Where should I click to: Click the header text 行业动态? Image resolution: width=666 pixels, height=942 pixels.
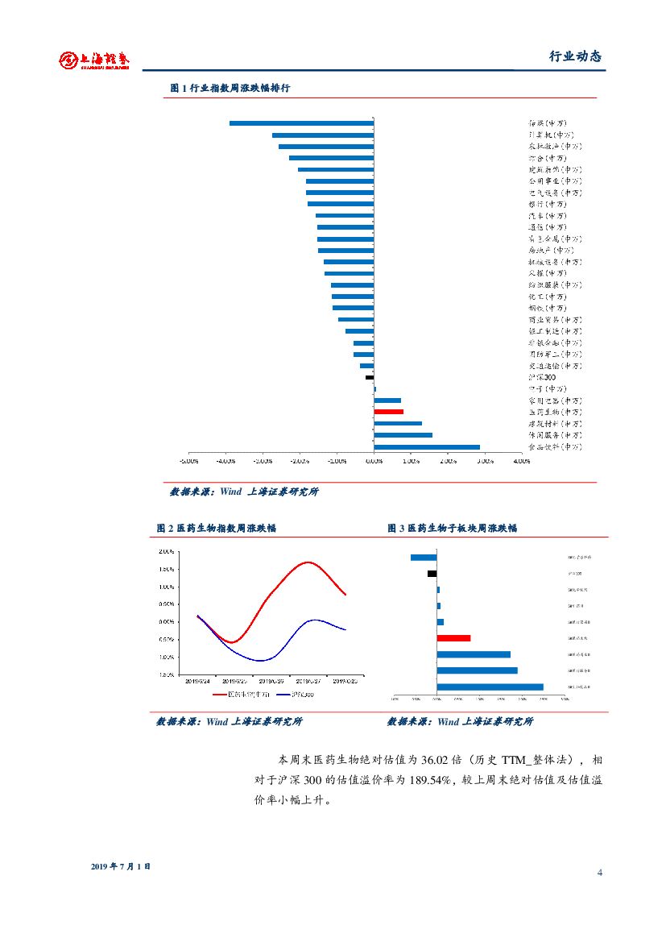[575, 56]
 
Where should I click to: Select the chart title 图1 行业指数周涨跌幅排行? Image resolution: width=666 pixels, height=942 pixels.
[230, 88]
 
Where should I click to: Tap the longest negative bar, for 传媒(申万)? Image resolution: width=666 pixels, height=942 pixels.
[301, 123]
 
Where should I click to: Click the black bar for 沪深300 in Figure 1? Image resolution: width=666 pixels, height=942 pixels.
[370, 377]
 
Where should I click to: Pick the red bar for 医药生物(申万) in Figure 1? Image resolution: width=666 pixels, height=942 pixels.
[388, 412]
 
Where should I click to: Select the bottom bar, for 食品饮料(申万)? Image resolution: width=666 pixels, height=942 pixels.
[426, 446]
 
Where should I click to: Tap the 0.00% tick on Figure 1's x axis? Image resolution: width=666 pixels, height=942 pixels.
[374, 462]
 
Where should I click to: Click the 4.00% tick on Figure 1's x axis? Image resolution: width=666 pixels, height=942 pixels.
[521, 462]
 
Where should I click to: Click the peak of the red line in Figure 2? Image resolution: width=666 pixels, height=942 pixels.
[308, 562]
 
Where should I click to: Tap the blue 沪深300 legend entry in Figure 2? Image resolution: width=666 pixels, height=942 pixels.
[296, 694]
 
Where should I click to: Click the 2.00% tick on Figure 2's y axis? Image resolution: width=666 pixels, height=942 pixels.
[167, 552]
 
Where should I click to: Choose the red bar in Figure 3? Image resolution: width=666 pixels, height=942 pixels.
[453, 638]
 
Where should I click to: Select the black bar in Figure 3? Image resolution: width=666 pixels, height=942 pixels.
[432, 574]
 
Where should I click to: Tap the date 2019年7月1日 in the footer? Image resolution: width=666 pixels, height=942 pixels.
[121, 866]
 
